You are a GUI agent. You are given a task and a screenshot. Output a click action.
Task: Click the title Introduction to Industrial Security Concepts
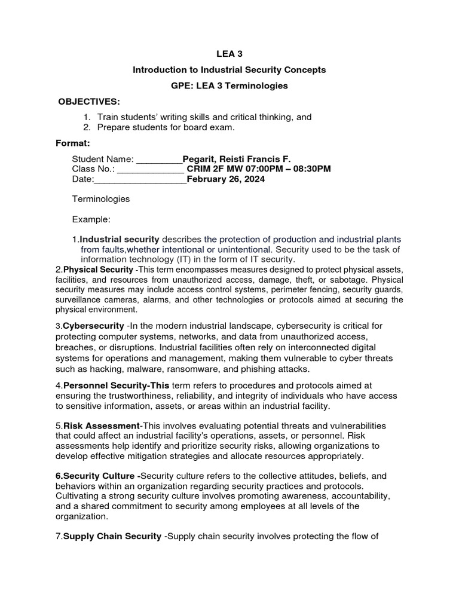click(x=229, y=70)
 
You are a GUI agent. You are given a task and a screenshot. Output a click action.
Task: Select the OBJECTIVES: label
click(x=89, y=102)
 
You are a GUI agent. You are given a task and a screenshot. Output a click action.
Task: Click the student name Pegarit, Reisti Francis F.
click(x=237, y=158)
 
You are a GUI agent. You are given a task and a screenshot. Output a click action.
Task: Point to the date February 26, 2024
click(x=226, y=179)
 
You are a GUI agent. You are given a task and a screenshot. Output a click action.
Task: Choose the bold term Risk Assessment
click(x=101, y=426)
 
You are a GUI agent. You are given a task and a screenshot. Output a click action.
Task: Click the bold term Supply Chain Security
click(x=112, y=536)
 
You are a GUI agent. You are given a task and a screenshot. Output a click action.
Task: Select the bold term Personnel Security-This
click(x=116, y=386)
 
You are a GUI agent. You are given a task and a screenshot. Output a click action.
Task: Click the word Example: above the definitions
click(x=91, y=219)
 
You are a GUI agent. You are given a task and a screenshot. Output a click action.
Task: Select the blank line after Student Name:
click(x=159, y=160)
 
